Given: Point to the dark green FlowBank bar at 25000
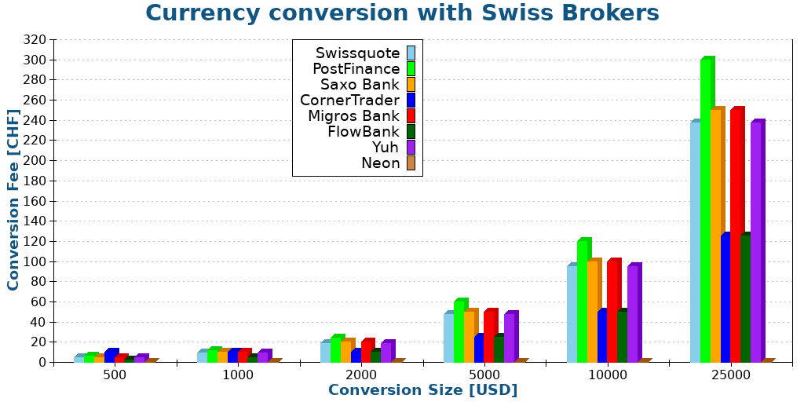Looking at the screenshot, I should point(745,298).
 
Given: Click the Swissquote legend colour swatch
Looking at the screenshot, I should point(411,53).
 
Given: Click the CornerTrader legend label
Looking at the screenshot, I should point(349,100).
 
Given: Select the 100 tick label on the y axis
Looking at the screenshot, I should point(35,261).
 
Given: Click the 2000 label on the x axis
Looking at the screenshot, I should point(360,375).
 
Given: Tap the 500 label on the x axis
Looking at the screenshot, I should point(115,375).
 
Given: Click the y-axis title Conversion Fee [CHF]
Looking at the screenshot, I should point(13,199).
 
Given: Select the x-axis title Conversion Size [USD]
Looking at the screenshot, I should point(422,390).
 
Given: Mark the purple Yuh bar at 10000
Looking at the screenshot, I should point(633,314).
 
